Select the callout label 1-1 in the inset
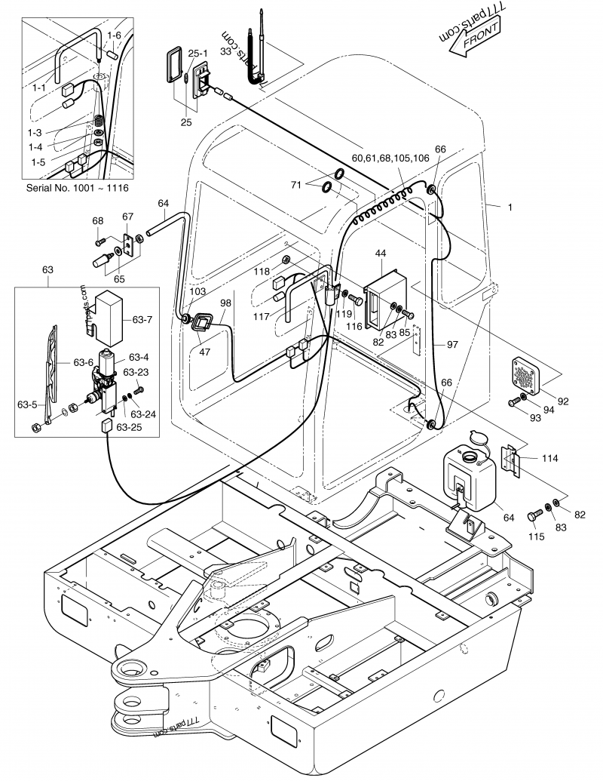click(x=40, y=88)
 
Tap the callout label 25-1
click(x=198, y=54)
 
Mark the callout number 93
click(x=535, y=417)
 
